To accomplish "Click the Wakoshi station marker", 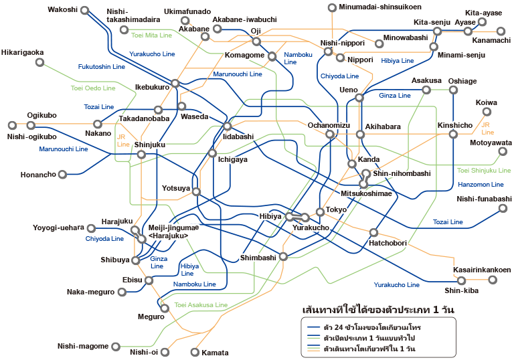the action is (x=85, y=11).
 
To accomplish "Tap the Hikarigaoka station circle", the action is (x=39, y=62).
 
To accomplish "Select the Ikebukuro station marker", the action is (x=175, y=83).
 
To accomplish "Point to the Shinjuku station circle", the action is (x=141, y=155).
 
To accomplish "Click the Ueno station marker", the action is (x=359, y=98).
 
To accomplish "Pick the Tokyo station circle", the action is (x=320, y=212).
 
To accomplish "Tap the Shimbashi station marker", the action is (x=283, y=256).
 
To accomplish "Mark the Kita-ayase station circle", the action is (x=482, y=22).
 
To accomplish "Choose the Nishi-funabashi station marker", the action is (x=503, y=208).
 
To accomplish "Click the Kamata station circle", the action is (x=195, y=352).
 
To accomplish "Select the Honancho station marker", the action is (x=62, y=175).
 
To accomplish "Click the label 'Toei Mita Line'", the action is (x=151, y=35).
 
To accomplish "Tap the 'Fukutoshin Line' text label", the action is (x=102, y=66).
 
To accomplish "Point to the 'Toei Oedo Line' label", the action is (x=93, y=88).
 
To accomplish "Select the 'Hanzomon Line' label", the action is (x=481, y=184).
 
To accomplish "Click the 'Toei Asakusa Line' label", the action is (x=201, y=304).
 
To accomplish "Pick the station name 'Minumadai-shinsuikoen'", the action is (x=380, y=7).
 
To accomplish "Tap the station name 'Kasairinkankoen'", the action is (x=482, y=270).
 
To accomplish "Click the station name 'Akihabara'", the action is (x=383, y=126).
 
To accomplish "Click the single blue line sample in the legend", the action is (x=313, y=327).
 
